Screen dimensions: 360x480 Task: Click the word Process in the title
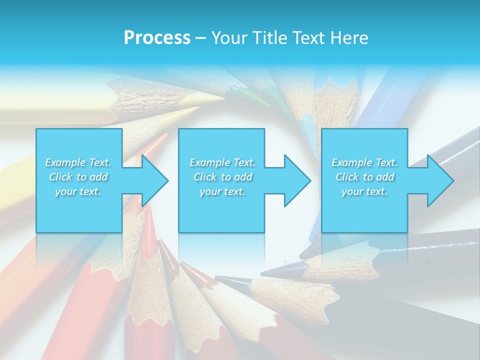(157, 38)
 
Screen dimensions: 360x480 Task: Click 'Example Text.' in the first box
(78, 162)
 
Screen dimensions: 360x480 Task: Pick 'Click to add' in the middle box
(222, 177)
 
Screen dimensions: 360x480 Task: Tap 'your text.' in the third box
(364, 191)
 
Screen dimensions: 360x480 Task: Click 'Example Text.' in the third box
(364, 162)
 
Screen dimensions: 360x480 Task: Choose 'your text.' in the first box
(78, 191)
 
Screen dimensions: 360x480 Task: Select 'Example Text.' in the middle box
(222, 162)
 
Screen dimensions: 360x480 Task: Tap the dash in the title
(201, 38)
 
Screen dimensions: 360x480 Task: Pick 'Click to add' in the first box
(78, 177)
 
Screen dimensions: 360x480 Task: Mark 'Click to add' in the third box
(364, 177)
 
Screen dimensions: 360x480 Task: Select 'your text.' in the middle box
(222, 191)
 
